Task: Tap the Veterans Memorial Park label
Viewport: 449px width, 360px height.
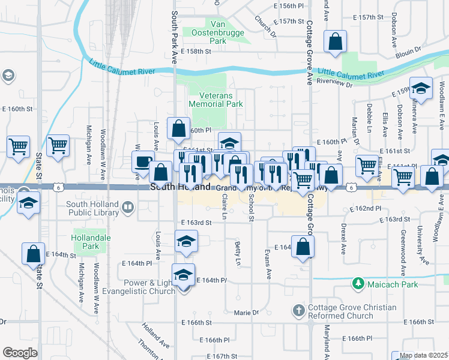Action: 216,99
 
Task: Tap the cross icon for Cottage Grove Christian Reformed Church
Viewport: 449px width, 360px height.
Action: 299,310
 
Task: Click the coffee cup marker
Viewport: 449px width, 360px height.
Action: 143,161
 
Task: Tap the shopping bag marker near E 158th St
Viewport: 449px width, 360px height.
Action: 336,42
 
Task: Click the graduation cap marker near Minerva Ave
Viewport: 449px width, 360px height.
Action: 421,88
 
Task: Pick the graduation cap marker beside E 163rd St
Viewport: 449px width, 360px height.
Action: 186,242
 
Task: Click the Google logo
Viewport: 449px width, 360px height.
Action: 20,353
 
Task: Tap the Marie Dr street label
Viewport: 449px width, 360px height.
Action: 246,313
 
